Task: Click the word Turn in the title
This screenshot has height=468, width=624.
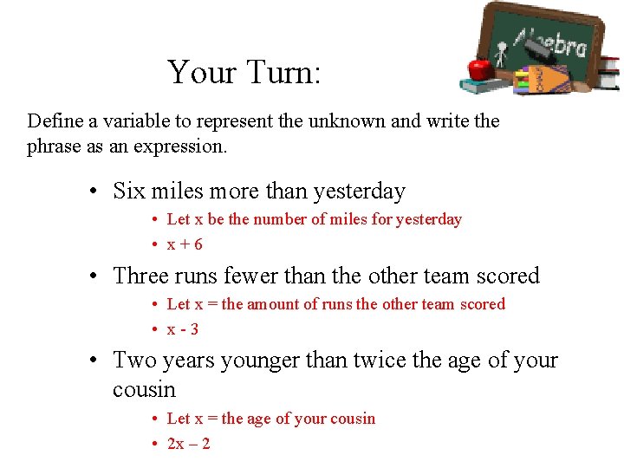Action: (283, 72)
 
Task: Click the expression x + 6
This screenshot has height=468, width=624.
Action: (185, 244)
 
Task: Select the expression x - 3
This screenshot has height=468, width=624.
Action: (183, 329)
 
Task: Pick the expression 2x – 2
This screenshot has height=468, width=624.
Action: (188, 444)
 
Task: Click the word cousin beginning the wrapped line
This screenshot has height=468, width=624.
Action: (144, 390)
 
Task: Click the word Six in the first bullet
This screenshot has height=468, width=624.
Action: (130, 191)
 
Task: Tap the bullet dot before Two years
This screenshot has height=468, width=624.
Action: (101, 361)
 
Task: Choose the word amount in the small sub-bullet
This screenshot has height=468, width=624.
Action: (274, 304)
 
